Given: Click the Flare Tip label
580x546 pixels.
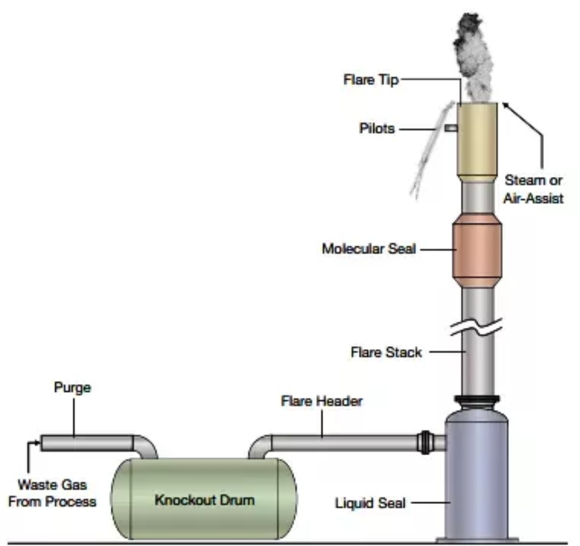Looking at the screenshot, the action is point(371,80).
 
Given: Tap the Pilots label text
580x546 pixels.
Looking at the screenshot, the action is point(377,128).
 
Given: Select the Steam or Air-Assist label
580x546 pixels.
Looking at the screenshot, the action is point(533,189).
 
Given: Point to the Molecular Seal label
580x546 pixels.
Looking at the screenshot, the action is point(369,249).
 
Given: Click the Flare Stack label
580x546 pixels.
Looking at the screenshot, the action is point(386,352).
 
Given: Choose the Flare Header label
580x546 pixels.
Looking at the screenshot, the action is point(322,401).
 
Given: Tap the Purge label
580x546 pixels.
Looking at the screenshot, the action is point(73,388).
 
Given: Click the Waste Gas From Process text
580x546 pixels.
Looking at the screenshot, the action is point(52,493).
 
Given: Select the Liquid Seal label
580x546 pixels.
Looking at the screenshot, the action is point(370,504).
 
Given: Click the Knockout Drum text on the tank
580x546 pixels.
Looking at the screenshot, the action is point(205,500).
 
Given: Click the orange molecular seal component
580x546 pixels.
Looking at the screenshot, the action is point(477,250).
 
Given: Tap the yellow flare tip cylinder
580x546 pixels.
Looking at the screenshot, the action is point(477,142).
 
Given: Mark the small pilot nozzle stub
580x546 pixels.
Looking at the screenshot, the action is point(451,128).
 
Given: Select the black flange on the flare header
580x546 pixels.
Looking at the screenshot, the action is point(425,442).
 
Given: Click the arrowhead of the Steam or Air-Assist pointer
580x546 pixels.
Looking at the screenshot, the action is point(505,105).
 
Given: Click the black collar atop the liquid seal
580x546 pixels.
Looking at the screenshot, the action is point(477,400).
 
